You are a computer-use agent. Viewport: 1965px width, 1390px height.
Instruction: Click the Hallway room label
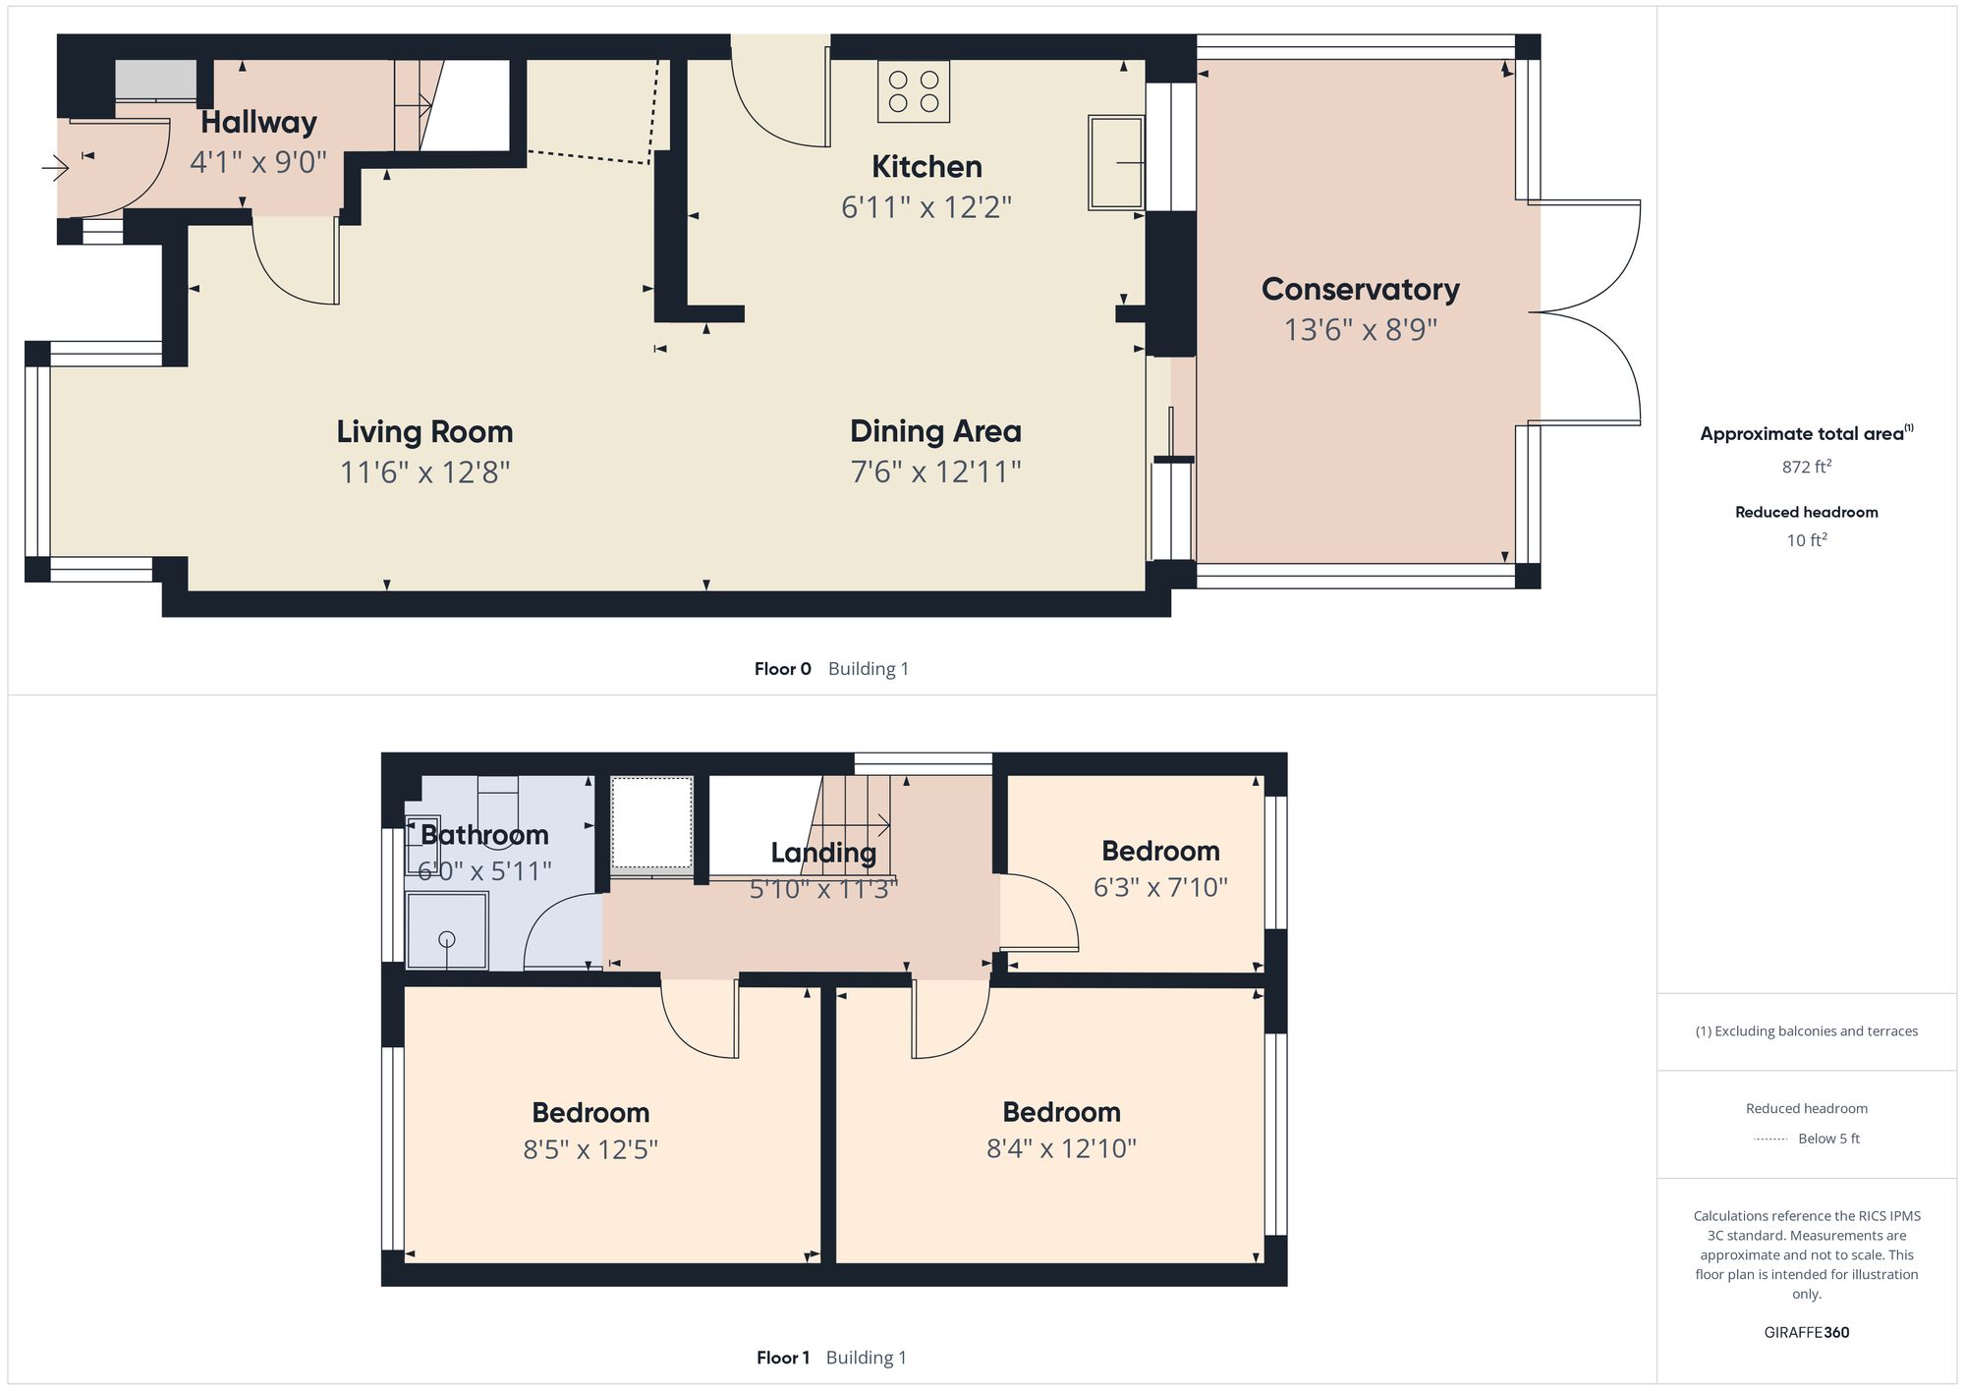point(258,123)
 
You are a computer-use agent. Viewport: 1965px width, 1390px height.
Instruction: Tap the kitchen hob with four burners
point(914,91)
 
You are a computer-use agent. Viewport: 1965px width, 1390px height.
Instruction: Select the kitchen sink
point(1116,163)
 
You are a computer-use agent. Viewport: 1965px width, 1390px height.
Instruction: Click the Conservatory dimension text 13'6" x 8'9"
point(1360,330)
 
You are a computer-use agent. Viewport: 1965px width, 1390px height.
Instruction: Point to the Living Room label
point(424,431)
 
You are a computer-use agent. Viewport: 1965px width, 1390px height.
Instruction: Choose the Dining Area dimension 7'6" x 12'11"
point(935,473)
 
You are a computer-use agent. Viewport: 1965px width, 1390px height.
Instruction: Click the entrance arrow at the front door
point(56,169)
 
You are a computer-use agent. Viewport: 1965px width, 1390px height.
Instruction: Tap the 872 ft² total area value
point(1806,467)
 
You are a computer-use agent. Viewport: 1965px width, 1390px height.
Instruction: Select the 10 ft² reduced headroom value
point(1806,540)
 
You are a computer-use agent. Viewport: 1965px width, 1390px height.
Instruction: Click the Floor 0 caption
point(782,669)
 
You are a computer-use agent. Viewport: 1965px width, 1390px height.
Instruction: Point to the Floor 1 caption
point(782,1358)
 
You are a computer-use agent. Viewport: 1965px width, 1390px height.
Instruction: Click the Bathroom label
point(484,835)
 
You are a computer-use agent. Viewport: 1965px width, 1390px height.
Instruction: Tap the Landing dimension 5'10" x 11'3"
point(823,890)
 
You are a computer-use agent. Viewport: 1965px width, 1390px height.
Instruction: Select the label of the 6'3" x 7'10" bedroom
point(1160,851)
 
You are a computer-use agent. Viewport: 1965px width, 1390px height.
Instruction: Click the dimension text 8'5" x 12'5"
point(589,1149)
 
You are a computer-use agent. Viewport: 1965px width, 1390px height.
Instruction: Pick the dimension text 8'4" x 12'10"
point(1061,1148)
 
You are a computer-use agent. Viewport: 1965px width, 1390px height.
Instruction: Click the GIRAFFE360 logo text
point(1806,1333)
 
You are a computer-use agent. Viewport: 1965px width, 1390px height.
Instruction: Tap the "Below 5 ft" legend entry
point(1828,1139)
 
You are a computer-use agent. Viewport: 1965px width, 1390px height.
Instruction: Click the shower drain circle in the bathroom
point(447,939)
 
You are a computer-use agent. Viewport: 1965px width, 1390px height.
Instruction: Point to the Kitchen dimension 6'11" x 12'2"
point(926,207)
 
